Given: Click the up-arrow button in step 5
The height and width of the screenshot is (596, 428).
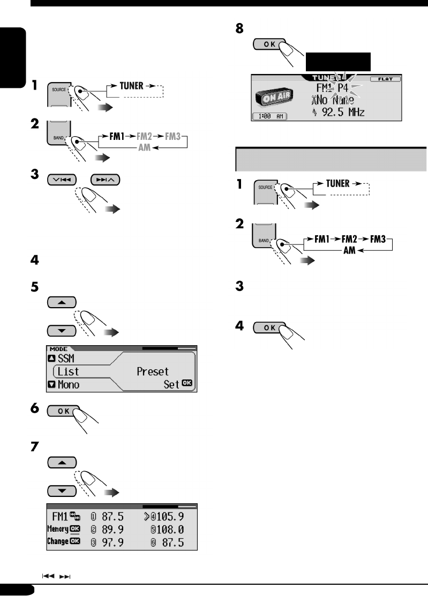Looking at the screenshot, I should point(62,302).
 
